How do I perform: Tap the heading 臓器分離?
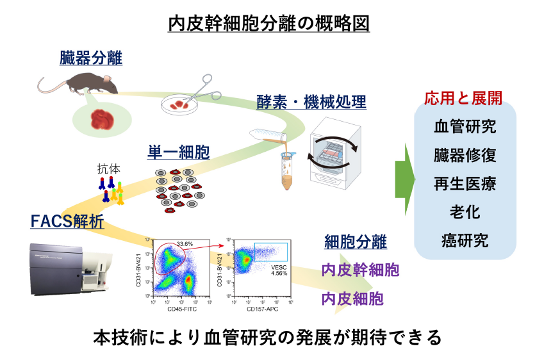(x=89, y=59)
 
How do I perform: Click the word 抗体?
(x=108, y=170)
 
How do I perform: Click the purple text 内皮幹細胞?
(x=360, y=270)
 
